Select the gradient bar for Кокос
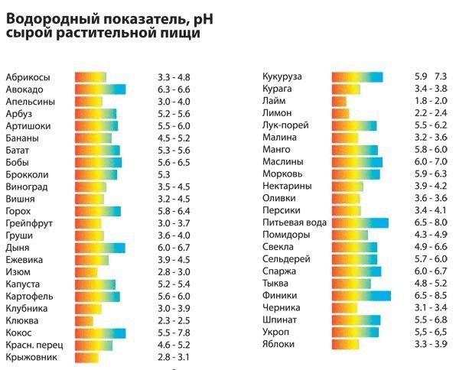(x=99, y=333)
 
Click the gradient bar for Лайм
(x=339, y=101)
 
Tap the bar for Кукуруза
(x=356, y=76)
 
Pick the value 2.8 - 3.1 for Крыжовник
(x=172, y=357)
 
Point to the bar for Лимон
(x=340, y=113)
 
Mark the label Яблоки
(x=277, y=345)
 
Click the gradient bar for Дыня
(x=99, y=248)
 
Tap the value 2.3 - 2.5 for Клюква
(x=172, y=321)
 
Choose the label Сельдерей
(x=285, y=260)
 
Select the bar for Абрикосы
(x=90, y=77)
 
